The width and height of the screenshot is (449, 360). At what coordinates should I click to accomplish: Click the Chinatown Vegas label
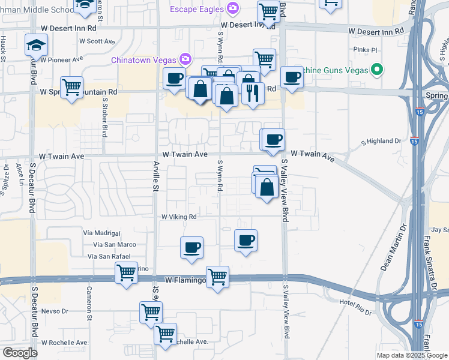click(x=144, y=59)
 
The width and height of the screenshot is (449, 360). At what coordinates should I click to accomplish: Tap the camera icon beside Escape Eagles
click(x=233, y=9)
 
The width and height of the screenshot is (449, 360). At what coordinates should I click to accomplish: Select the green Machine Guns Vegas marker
click(x=377, y=70)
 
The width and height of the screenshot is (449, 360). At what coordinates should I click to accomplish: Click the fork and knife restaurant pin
click(x=252, y=92)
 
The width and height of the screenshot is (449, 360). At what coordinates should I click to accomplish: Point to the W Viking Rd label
click(x=179, y=217)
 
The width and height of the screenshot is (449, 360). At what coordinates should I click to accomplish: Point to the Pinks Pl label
click(x=365, y=50)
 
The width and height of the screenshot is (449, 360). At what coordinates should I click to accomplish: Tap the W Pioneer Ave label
click(x=62, y=59)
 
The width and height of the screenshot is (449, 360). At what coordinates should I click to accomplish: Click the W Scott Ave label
click(x=97, y=42)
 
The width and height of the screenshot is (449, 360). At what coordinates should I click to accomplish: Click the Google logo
click(x=19, y=353)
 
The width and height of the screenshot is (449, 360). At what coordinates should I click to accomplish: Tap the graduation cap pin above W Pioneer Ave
click(x=37, y=46)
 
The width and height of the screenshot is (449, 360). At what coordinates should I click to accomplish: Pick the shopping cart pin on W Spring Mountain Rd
click(x=71, y=87)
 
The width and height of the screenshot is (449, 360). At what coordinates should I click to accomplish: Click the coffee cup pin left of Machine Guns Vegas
click(x=292, y=77)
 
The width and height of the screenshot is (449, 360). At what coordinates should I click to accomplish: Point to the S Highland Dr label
click(x=381, y=141)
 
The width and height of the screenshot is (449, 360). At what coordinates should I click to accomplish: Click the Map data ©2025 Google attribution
click(x=412, y=355)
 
